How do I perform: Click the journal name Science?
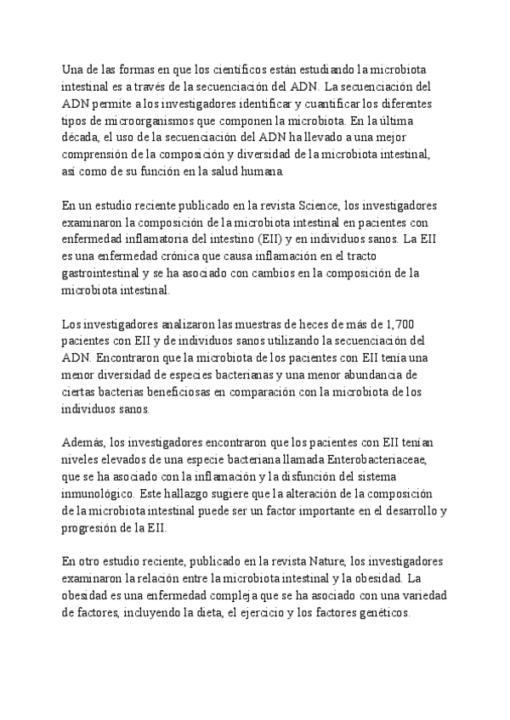(x=316, y=205)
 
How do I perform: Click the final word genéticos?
(x=384, y=612)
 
